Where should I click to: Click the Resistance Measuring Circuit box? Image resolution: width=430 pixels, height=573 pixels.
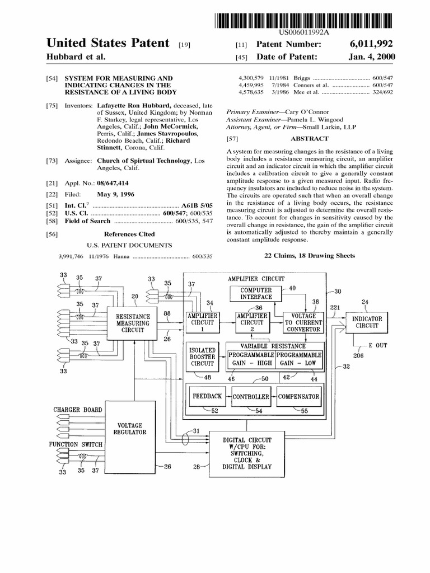(133, 323)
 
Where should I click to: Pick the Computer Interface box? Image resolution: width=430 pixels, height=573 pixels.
(256, 293)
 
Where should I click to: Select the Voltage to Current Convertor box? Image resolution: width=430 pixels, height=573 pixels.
(303, 323)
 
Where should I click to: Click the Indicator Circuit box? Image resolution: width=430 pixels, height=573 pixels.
(367, 322)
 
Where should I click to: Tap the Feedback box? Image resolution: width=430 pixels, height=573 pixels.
(207, 397)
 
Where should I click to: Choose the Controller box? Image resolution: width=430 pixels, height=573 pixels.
(250, 397)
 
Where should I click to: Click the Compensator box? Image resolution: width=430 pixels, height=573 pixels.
(298, 397)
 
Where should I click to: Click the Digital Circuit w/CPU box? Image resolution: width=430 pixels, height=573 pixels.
(246, 453)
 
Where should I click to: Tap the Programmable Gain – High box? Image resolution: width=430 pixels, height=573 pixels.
(251, 359)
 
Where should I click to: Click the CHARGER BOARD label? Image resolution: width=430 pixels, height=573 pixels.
(78, 410)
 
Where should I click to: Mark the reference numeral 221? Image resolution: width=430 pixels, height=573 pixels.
(335, 308)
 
